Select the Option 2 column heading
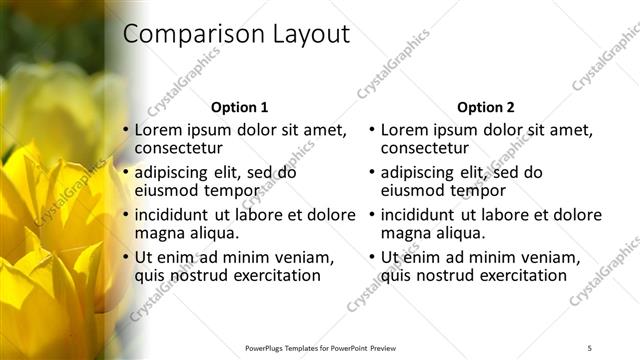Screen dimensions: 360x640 tap(486, 107)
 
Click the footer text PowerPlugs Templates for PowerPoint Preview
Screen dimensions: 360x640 tap(321, 347)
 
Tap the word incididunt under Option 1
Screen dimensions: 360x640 tap(171, 214)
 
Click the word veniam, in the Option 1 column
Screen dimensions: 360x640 tap(304, 257)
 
